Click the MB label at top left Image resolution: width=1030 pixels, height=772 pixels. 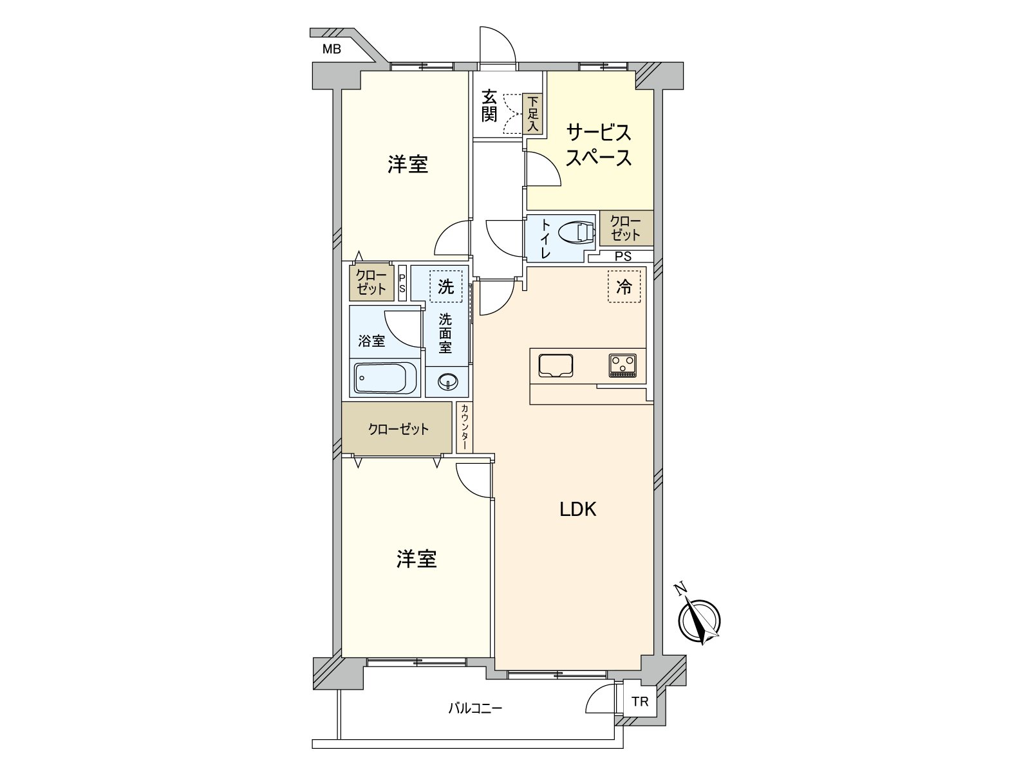tap(332, 49)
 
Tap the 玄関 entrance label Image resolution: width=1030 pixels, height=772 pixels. tap(489, 107)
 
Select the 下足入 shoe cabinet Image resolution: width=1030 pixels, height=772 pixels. tap(532, 114)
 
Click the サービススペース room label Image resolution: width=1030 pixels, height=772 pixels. tap(598, 145)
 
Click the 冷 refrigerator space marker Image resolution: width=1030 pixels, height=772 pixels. tap(624, 287)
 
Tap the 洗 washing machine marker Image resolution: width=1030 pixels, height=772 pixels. tap(445, 286)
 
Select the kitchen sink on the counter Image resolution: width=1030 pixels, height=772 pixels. tap(556, 365)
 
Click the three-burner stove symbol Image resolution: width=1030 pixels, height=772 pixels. tap(622, 365)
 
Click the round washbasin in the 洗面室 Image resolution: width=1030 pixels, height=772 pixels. tap(447, 383)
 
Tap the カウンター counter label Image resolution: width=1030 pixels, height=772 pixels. tap(464, 427)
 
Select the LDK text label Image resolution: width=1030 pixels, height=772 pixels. tap(577, 510)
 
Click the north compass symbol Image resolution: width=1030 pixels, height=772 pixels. tap(699, 621)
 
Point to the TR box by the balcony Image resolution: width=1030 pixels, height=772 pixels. tap(640, 702)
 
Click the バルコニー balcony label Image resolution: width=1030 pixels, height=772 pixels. tap(475, 709)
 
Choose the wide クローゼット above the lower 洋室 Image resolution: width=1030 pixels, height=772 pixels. tap(398, 429)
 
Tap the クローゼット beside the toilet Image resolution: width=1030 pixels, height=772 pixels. tap(626, 228)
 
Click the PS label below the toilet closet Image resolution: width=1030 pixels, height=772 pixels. tap(623, 257)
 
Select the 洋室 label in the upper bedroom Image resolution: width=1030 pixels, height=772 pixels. tap(407, 165)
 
